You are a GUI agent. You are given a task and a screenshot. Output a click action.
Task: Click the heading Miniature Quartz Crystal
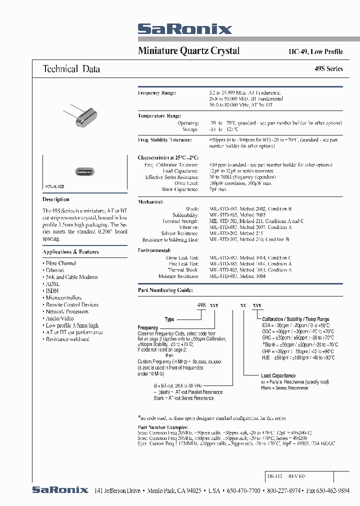click(188, 51)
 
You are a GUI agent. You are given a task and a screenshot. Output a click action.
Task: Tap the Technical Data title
click(71, 69)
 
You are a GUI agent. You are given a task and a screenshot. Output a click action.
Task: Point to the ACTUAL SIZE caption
click(54, 186)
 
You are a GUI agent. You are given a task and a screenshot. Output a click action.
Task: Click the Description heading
click(56, 199)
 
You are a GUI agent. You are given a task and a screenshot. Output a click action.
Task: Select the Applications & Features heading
click(70, 252)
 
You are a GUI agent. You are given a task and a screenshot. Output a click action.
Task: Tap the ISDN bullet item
click(52, 290)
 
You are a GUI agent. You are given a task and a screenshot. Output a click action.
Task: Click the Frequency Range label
click(156, 93)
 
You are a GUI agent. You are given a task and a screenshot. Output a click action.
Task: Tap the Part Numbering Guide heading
click(164, 290)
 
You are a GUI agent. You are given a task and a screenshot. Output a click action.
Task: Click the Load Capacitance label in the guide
click(278, 375)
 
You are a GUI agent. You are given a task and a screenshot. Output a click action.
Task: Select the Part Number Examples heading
click(163, 427)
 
